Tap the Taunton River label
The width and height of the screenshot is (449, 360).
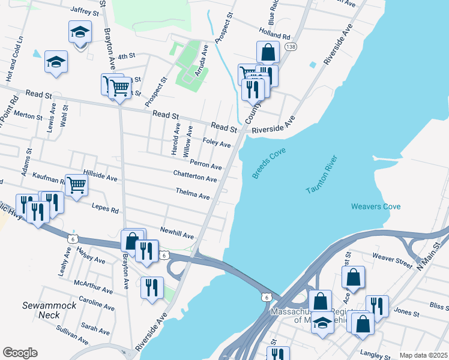pyautogui.click(x=322, y=175)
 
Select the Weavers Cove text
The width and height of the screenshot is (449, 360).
pyautogui.click(x=376, y=207)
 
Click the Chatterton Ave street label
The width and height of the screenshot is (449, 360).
pyautogui.click(x=195, y=179)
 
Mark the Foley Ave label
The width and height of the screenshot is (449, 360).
pyautogui.click(x=217, y=144)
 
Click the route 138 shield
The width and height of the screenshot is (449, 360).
pyautogui.click(x=291, y=47)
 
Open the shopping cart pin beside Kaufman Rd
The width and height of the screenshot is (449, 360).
pyautogui.click(x=77, y=185)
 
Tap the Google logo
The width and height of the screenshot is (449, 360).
pyautogui.click(x=20, y=353)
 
